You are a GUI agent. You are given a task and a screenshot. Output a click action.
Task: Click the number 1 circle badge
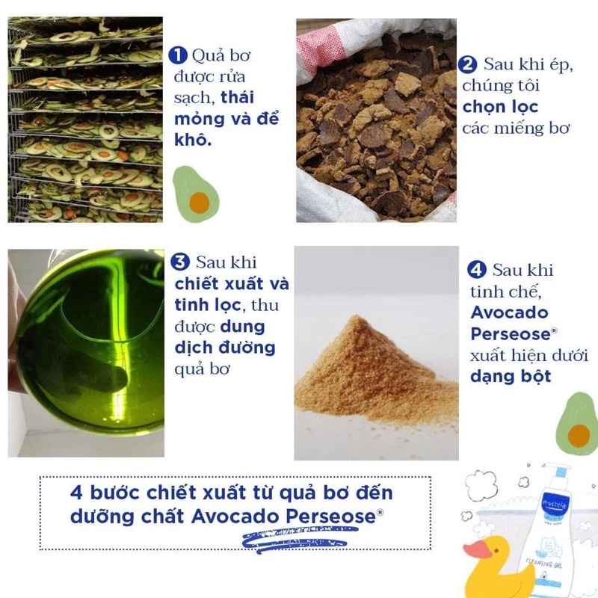click(178, 55)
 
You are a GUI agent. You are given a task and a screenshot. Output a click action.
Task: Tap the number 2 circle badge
click(469, 64)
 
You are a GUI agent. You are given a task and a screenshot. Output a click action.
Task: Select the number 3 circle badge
click(179, 262)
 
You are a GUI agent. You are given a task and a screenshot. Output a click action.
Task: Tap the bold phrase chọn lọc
click(500, 106)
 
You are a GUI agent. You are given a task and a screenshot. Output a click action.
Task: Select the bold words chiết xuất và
click(231, 284)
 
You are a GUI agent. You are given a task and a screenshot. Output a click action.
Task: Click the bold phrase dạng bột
click(511, 375)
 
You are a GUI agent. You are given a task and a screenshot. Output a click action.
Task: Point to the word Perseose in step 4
click(510, 333)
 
